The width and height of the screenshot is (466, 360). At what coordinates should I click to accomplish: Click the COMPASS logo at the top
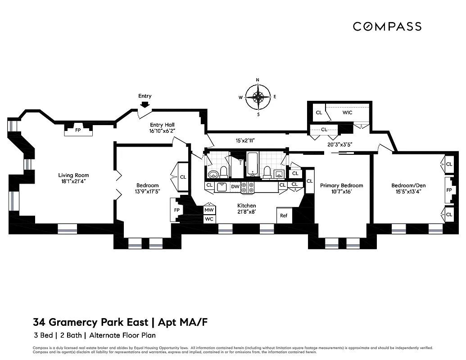tap(387, 27)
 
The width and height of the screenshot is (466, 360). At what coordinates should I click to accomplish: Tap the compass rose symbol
tap(258, 97)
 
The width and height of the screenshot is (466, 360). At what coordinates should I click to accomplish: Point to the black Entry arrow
tap(145, 104)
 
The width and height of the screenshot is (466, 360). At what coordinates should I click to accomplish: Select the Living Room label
tap(73, 175)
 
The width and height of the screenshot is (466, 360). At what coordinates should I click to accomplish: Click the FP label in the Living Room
tap(78, 130)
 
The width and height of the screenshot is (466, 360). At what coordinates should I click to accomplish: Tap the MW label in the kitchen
tap(209, 210)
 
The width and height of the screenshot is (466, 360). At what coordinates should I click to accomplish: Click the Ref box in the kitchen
tap(284, 216)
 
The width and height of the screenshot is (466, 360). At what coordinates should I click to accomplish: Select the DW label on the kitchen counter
tap(235, 186)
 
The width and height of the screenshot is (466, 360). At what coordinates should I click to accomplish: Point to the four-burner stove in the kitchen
tap(248, 188)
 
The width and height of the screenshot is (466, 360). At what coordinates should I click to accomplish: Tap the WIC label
tap(347, 112)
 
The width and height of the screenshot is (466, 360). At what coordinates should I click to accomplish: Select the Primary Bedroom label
tap(341, 185)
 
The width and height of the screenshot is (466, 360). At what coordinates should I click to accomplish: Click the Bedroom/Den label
tap(408, 185)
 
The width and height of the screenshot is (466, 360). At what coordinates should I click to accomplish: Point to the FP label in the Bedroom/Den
tap(448, 190)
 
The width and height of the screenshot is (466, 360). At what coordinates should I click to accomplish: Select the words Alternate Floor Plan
tap(122, 335)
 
